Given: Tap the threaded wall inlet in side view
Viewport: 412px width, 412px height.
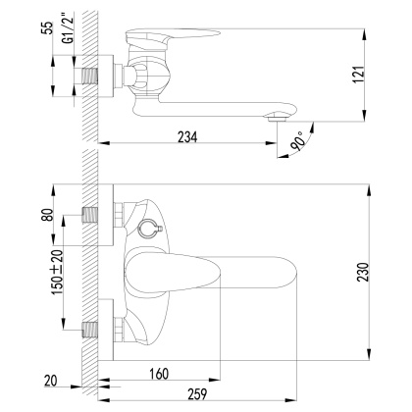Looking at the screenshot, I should [x=95, y=73].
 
